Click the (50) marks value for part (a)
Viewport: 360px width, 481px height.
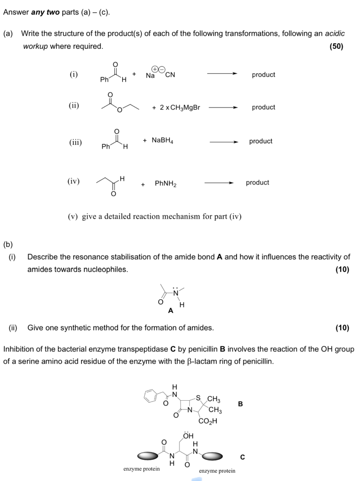pos(337,46)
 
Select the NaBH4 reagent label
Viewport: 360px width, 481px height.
pos(162,140)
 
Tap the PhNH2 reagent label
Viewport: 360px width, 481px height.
pos(165,184)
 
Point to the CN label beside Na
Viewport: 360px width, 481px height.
pos(170,75)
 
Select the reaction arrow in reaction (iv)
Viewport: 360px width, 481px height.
pos(219,183)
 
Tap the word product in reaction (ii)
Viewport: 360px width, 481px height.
pos(263,107)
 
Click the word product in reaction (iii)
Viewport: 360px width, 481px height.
pos(261,141)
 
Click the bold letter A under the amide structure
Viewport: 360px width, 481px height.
pos(171,310)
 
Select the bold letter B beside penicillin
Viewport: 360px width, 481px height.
pos(241,403)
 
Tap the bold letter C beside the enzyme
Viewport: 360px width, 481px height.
pos(243,457)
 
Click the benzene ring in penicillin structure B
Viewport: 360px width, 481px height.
pos(150,396)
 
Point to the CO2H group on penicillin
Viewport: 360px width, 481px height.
pos(208,421)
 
